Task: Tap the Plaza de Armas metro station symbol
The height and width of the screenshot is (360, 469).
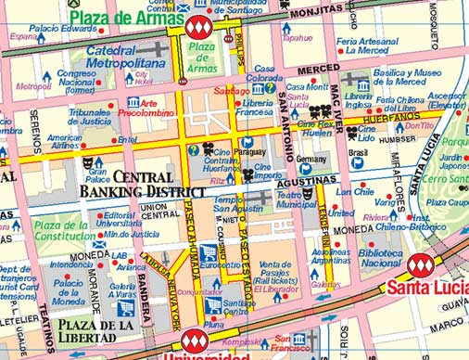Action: pos(197,27)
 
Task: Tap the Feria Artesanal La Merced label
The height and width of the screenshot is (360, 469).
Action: pos(361,46)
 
